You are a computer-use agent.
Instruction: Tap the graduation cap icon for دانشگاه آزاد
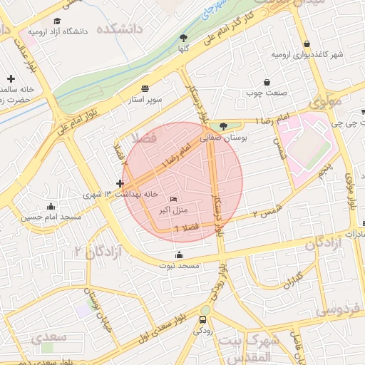point(57,21)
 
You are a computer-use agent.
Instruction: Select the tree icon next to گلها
point(184,37)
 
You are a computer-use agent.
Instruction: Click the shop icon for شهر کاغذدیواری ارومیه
point(307,43)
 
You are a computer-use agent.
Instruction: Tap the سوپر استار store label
point(145,100)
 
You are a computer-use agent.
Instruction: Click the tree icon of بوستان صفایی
point(224,127)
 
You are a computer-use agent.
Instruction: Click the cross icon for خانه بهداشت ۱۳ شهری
point(120,184)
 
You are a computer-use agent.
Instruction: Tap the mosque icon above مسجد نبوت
point(178,255)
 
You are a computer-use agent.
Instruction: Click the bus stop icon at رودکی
point(205,320)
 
